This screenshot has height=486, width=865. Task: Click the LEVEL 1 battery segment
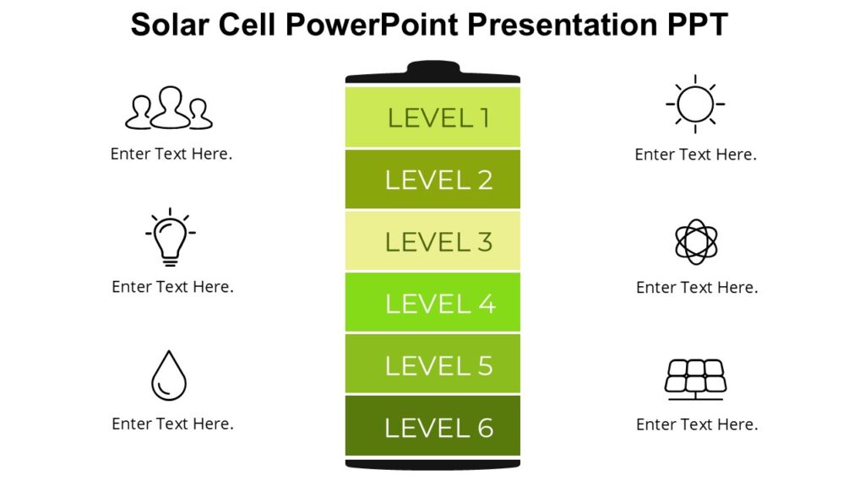[432, 117]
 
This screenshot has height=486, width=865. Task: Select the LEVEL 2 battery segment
[432, 179]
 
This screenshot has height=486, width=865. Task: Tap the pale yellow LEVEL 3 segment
[432, 241]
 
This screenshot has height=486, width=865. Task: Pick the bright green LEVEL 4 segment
[432, 303]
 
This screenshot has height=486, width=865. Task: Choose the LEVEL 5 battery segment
[432, 364]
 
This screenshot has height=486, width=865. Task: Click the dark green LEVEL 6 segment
[432, 426]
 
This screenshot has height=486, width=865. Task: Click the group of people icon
[170, 109]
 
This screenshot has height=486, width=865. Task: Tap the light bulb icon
[171, 237]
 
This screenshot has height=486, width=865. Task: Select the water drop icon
[169, 375]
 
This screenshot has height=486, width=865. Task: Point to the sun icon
[694, 104]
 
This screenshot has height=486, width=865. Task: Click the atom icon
[696, 242]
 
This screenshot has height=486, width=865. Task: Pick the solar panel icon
[695, 379]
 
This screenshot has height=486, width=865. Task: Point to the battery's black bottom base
[432, 464]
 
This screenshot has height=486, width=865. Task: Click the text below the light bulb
[172, 287]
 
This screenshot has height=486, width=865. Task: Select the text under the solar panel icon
[697, 424]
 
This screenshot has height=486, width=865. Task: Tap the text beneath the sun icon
[695, 154]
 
